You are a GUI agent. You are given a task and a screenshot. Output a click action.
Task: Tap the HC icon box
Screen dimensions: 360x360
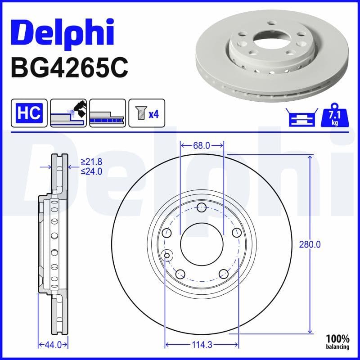pyautogui.click(x=28, y=112)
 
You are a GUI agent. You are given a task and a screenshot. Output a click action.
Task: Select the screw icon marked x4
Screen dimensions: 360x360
pyautogui.click(x=147, y=112)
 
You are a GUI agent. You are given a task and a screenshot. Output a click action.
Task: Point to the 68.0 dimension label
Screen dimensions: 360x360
pyautogui.click(x=202, y=146)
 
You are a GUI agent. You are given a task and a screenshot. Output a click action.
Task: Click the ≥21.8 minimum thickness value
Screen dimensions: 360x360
pyautogui.click(x=91, y=162)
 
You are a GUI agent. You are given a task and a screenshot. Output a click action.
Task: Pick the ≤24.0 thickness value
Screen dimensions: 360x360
pyautogui.click(x=91, y=171)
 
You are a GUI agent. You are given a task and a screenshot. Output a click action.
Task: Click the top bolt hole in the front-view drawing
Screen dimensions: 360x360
pyautogui.click(x=202, y=208)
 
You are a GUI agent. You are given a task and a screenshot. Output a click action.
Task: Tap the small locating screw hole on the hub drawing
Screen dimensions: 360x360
pyautogui.click(x=167, y=256)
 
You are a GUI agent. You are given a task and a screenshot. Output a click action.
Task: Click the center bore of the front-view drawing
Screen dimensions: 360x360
pyautogui.click(x=202, y=245)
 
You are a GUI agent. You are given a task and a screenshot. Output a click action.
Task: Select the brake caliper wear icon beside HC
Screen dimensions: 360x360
pyautogui.click(x=68, y=112)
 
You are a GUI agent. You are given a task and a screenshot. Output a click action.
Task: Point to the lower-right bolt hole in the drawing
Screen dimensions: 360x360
pyautogui.click(x=223, y=274)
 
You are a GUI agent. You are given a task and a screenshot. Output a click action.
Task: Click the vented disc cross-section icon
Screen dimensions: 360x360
pyautogui.click(x=107, y=112)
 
